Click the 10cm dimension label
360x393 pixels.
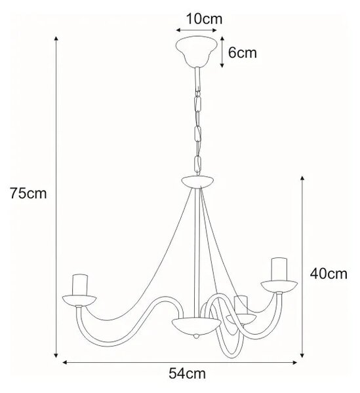click(x=204, y=19)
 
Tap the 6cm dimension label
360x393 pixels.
click(x=243, y=53)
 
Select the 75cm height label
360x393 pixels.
click(x=28, y=193)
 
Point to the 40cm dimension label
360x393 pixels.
click(x=329, y=274)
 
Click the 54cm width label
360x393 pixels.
click(x=187, y=373)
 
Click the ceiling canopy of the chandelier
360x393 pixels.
click(x=197, y=51)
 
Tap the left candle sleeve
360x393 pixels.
click(x=80, y=285)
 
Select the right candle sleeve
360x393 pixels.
click(x=279, y=269)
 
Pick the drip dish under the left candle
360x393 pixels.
click(x=79, y=301)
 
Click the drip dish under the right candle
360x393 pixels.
click(x=279, y=286)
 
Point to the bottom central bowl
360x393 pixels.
click(x=196, y=326)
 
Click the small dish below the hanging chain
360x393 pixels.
click(x=197, y=181)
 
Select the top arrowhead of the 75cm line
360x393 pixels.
click(x=56, y=39)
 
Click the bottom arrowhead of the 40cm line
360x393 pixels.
click(x=302, y=355)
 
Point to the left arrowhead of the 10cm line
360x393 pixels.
click(x=178, y=30)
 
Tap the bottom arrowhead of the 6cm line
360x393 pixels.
click(x=222, y=65)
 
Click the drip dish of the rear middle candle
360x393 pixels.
click(x=241, y=319)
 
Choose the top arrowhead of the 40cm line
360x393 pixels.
click(x=302, y=178)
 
